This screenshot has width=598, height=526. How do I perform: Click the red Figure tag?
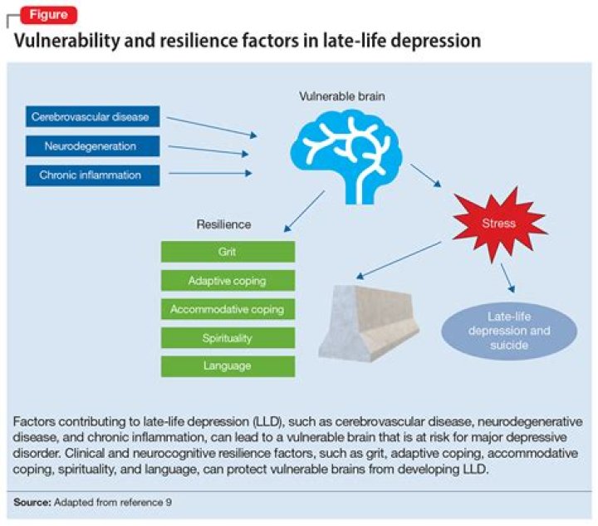tap(49, 15)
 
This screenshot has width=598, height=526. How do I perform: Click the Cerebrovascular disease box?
tap(93, 116)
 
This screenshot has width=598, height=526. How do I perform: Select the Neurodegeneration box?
tap(93, 146)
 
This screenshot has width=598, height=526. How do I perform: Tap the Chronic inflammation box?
tap(93, 175)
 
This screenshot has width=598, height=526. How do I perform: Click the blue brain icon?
tap(346, 155)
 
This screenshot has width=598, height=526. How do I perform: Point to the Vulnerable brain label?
tap(342, 96)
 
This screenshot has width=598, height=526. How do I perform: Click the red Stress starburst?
tap(499, 224)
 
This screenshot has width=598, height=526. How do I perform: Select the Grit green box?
tap(228, 252)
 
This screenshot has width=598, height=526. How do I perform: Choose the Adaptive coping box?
tap(228, 281)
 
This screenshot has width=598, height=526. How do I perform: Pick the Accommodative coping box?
tap(228, 309)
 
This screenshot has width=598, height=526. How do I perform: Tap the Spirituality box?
tap(228, 338)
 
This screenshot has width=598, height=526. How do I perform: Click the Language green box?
tap(228, 366)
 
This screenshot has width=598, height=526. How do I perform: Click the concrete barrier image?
tap(369, 323)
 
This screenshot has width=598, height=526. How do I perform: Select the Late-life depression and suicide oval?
tap(509, 331)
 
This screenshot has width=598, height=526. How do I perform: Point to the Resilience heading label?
tap(224, 224)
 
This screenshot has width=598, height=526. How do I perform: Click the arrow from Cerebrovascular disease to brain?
tap(212, 127)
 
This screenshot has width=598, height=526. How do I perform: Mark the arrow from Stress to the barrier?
tap(399, 260)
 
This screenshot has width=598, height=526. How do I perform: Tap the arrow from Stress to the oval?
tap(507, 278)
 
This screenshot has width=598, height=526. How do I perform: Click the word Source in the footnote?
tap(32, 502)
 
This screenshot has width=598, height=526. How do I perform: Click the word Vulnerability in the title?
tap(66, 41)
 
